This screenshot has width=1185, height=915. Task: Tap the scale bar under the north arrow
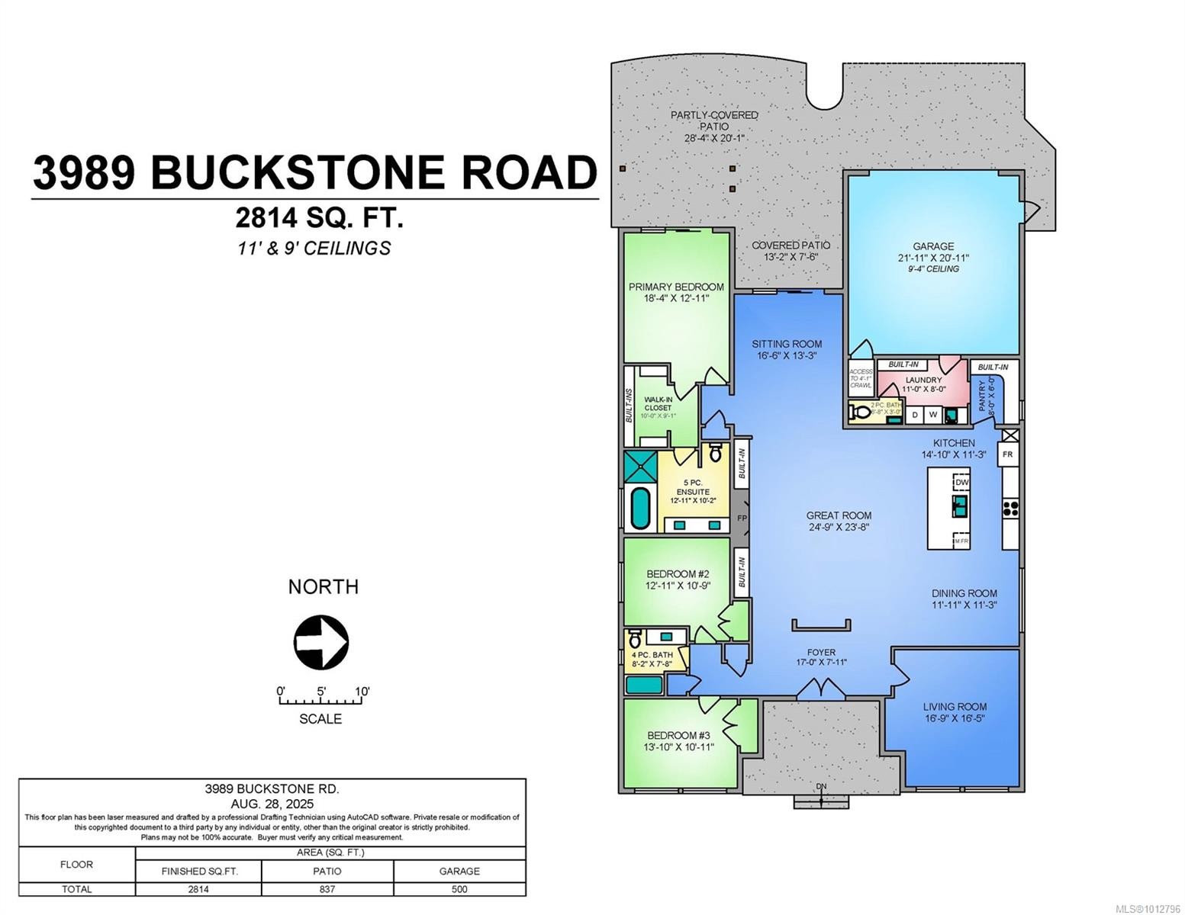click(320, 699)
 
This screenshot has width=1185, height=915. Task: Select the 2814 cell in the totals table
click(198, 889)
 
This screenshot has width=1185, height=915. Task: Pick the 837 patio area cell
click(327, 889)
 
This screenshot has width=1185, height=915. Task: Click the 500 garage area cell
click(459, 889)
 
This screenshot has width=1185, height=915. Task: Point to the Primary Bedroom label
click(676, 292)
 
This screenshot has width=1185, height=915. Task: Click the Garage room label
click(933, 246)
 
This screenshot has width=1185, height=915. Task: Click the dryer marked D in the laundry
click(915, 415)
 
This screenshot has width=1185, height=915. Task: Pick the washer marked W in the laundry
click(932, 415)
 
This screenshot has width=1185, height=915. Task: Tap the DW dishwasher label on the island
click(961, 482)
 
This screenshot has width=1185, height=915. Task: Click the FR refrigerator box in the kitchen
click(1007, 454)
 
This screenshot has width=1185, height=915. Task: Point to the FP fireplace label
click(741, 518)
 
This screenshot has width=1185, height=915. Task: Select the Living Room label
click(955, 711)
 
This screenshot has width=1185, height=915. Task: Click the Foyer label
click(821, 652)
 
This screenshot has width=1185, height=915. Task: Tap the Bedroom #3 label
click(678, 740)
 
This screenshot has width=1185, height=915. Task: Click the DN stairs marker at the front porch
click(821, 787)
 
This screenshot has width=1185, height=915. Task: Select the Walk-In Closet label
click(658, 403)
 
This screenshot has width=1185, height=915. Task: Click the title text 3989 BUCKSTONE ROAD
click(314, 172)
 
